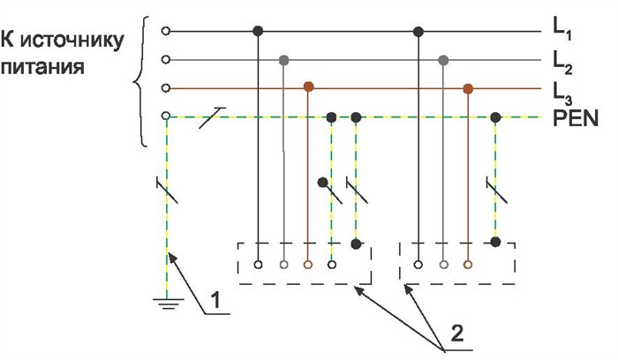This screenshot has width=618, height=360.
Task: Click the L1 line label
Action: tap(562, 30)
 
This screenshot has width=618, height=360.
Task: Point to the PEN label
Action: tap(576, 117)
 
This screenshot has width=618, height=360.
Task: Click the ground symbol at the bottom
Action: tap(169, 304)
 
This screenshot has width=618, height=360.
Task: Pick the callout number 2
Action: tap(456, 334)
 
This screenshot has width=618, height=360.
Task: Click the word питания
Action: tap(42, 66)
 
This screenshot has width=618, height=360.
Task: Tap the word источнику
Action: tap(72, 41)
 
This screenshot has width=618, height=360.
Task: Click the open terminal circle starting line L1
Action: tap(166, 31)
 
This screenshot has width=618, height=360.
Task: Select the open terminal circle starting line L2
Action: tap(166, 60)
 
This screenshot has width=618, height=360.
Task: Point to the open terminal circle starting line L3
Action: tap(166, 88)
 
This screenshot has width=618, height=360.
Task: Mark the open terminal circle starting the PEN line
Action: tap(166, 116)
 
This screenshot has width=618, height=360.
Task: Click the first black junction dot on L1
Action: tap(258, 31)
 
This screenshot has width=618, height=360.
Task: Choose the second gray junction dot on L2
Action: tap(443, 60)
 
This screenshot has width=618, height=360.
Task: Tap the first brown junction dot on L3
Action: tap(309, 86)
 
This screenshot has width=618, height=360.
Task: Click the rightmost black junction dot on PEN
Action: tap(495, 117)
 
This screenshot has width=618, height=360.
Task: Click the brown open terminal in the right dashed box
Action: tap(468, 265)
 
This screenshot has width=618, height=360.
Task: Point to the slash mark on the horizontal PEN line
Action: tap(212, 117)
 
